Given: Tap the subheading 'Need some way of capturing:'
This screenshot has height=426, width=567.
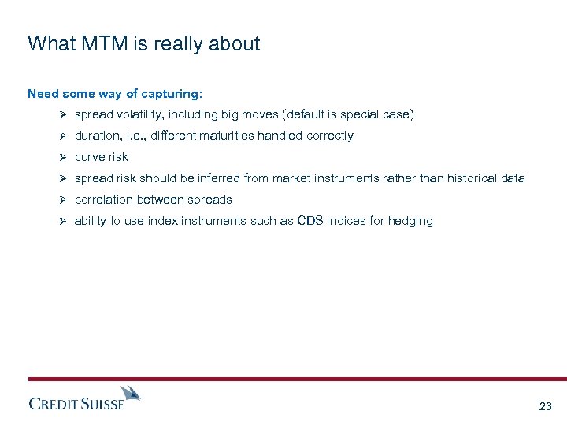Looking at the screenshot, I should [x=115, y=93].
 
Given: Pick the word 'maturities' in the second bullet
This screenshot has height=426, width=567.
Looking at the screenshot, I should [x=235, y=136].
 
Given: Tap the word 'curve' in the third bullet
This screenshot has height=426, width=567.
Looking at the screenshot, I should [x=89, y=157].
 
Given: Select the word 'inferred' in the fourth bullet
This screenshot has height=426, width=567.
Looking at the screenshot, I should [x=226, y=178].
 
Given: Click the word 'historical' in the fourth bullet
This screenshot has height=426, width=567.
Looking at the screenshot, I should [x=472, y=178].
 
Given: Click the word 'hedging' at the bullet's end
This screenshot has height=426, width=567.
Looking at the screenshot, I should [x=411, y=222].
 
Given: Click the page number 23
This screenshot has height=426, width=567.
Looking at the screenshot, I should [x=545, y=406].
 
